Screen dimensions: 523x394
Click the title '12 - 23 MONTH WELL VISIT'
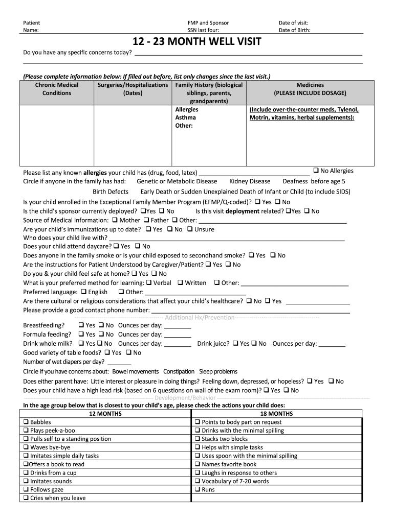tap(197, 41)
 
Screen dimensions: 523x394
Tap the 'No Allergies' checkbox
tap(316, 171)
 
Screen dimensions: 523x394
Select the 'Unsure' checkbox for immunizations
tap(190, 229)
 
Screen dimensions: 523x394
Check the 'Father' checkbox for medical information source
tap(146, 220)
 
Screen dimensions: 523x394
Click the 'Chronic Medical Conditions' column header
tap(57, 89)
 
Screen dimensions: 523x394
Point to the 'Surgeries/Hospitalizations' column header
tap(133, 89)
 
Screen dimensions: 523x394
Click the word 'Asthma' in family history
tap(185, 117)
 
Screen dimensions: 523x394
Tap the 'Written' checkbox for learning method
tap(180, 282)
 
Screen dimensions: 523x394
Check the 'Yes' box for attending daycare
tap(116, 246)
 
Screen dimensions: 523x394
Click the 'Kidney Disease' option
tap(250, 181)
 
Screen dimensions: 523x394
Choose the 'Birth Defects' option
tap(111, 192)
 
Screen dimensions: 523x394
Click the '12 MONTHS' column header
tap(105, 414)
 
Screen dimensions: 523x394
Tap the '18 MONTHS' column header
tap(276, 414)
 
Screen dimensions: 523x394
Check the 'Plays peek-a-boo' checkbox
tap(26, 431)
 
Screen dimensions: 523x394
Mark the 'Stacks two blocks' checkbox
tap(198, 439)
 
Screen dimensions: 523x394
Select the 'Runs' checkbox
tap(198, 489)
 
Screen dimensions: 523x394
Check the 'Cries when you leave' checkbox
tap(26, 498)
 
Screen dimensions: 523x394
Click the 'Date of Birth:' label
tap(294, 30)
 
